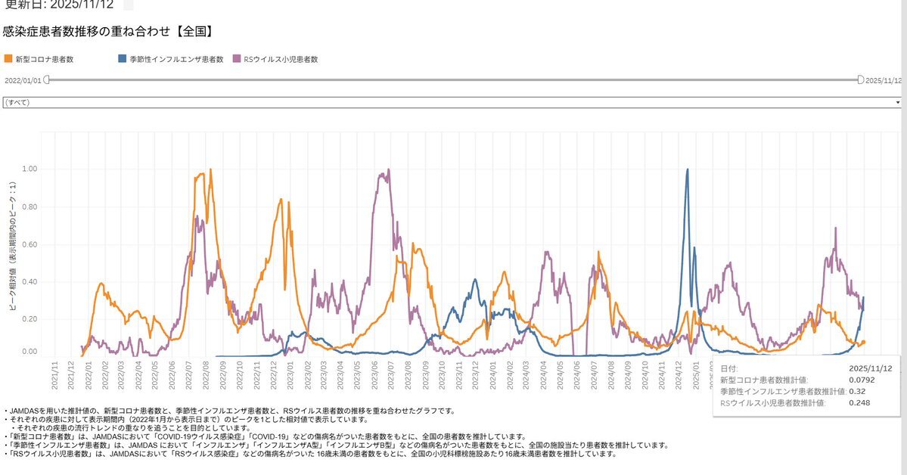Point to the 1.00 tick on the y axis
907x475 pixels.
(x=28, y=169)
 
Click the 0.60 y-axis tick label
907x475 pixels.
(x=28, y=244)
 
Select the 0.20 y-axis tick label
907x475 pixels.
(x=28, y=319)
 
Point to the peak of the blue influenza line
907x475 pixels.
(x=687, y=169)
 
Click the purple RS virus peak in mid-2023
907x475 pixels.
(x=388, y=170)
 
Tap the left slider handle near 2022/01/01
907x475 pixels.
(x=46, y=79)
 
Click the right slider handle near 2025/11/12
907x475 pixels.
(x=860, y=79)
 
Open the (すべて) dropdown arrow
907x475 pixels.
(x=898, y=101)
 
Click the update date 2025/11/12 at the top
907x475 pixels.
(x=80, y=4)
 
